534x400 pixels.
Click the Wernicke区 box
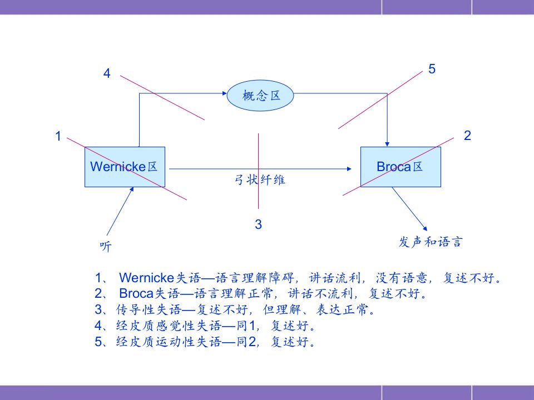[x=125, y=167]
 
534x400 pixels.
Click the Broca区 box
[x=400, y=167]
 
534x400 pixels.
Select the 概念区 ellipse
[x=260, y=95]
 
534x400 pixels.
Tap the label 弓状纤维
[x=260, y=179]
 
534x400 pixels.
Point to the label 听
[x=106, y=246]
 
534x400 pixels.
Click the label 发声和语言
[x=431, y=242]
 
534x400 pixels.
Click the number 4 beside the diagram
[x=107, y=73]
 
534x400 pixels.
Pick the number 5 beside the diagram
[x=432, y=69]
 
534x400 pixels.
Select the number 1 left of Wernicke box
[x=58, y=136]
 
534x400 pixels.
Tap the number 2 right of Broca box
[x=467, y=136]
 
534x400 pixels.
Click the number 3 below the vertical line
[x=259, y=224]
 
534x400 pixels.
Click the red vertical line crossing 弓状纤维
[x=259, y=171]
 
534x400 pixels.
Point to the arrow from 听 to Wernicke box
[x=120, y=211]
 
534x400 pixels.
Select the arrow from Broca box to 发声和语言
[x=409, y=209]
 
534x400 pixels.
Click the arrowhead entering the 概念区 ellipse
[x=224, y=93]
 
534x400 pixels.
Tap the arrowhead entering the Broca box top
[x=387, y=144]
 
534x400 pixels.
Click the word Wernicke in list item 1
[x=147, y=278]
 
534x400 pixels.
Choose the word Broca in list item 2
[x=136, y=293]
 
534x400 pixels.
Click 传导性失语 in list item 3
[x=149, y=309]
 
